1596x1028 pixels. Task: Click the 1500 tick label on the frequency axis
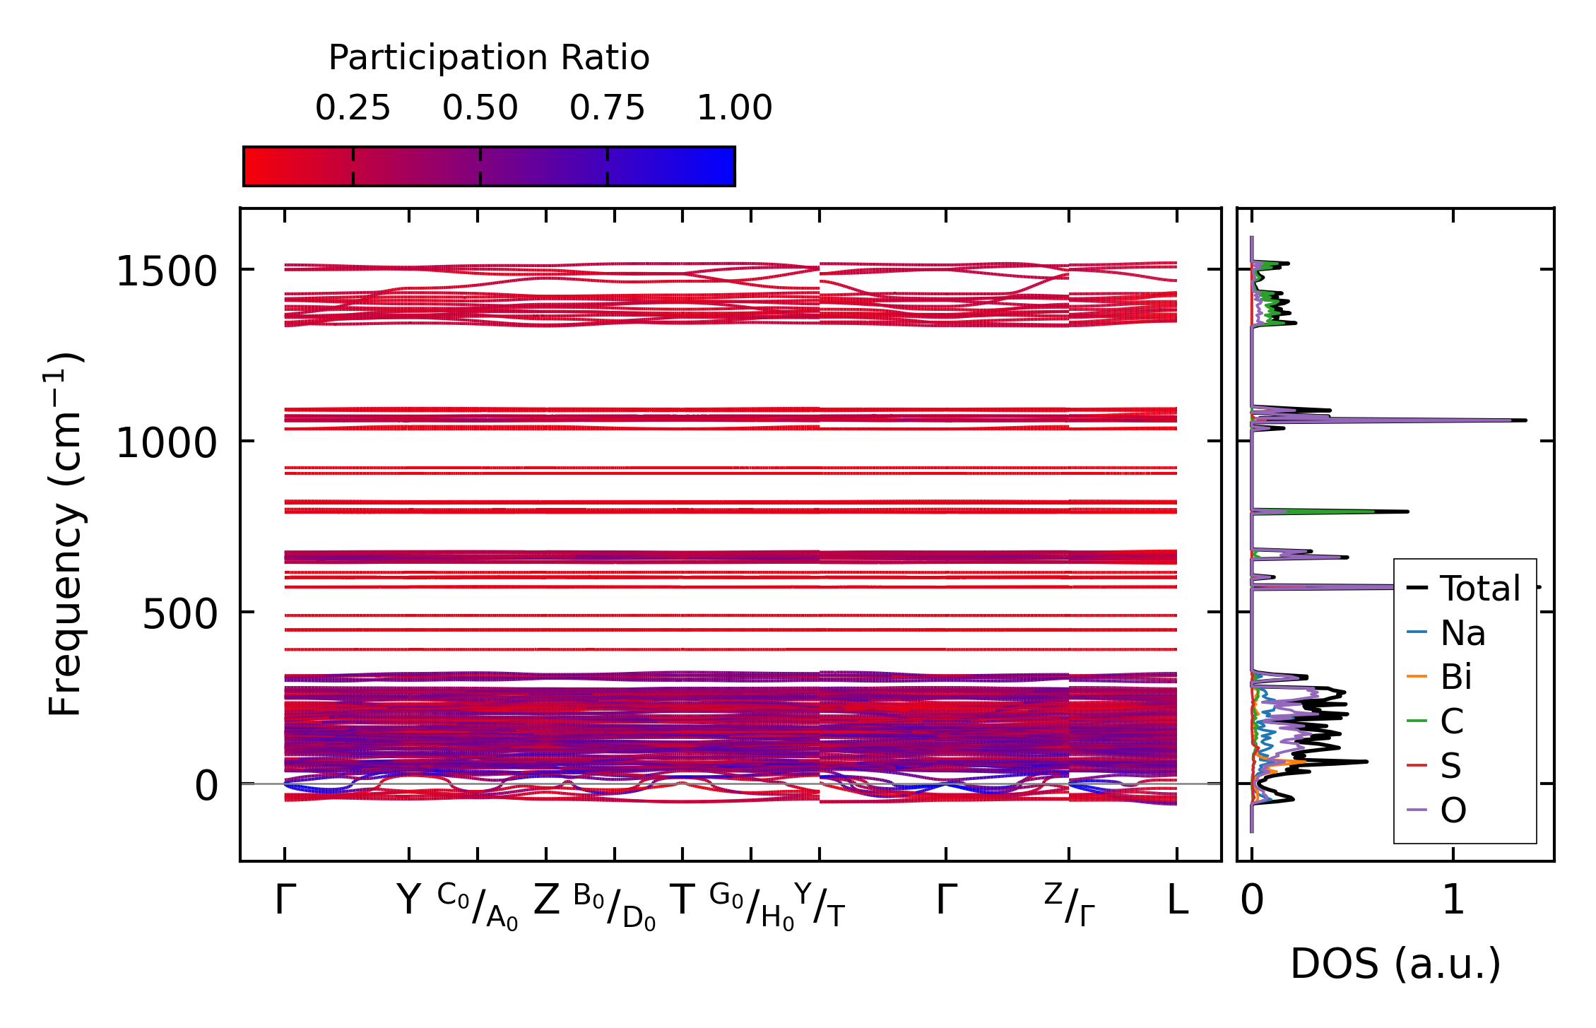(166, 272)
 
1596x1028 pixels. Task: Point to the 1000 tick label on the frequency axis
(166, 444)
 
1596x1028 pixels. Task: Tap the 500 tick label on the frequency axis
(179, 615)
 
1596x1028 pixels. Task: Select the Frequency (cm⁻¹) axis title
(65, 534)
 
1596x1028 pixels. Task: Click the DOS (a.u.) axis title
(1395, 964)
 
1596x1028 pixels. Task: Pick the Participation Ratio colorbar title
(489, 58)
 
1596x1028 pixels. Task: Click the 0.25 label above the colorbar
(353, 108)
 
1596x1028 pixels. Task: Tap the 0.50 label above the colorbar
(480, 108)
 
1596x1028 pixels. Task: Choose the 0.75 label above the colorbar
(608, 108)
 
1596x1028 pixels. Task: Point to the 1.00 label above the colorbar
(735, 108)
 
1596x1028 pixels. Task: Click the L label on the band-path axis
(1177, 901)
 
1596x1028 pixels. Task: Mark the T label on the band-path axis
(682, 901)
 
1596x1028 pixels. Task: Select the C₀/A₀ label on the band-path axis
(478, 906)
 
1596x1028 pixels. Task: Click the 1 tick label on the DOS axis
(1453, 901)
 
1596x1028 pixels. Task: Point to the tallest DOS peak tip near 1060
(1525, 420)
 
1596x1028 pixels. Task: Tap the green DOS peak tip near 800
(1407, 512)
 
